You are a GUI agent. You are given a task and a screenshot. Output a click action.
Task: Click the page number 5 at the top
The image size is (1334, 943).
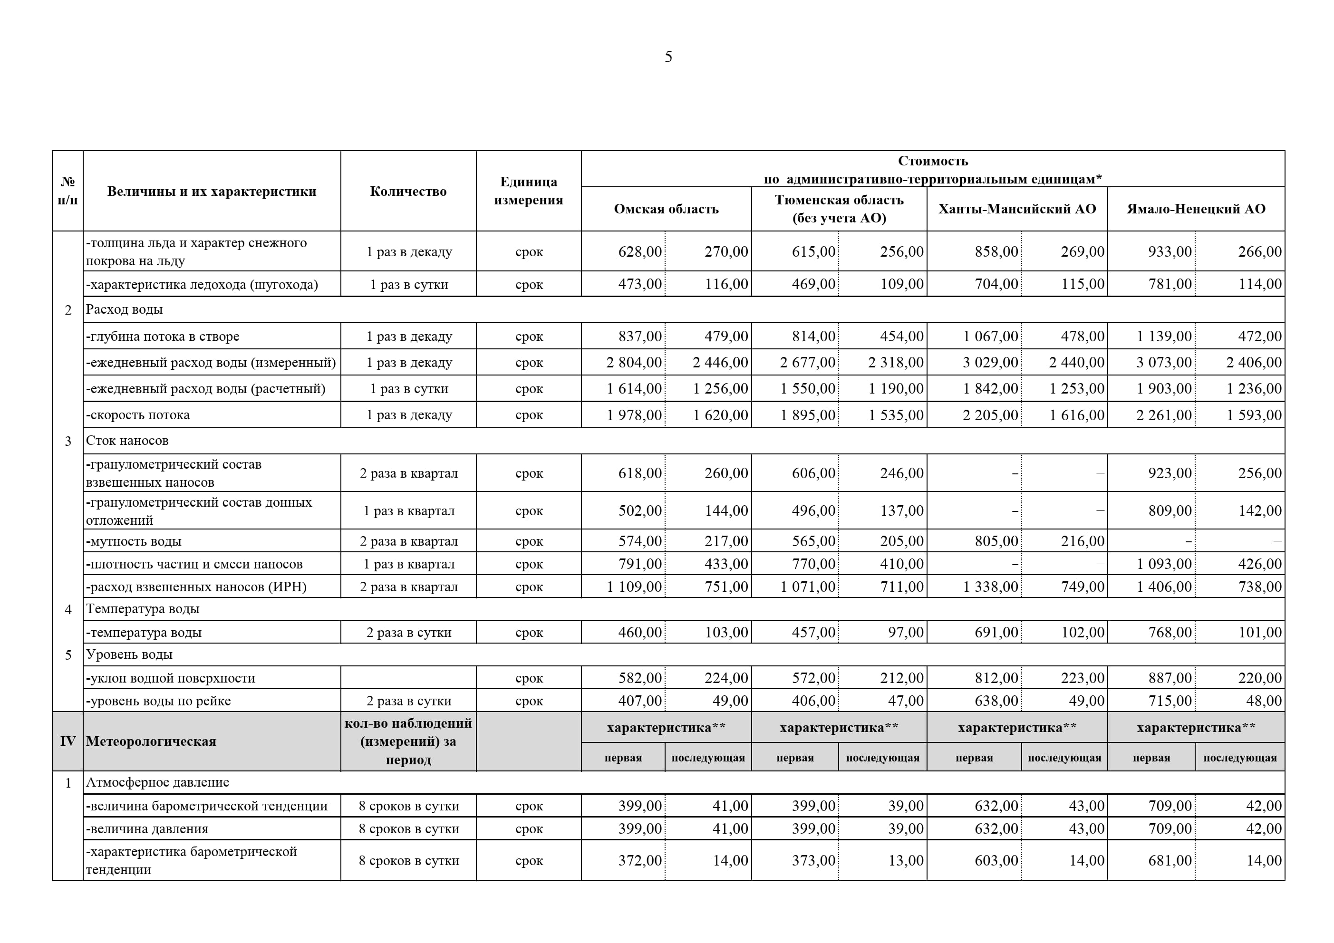click(x=668, y=57)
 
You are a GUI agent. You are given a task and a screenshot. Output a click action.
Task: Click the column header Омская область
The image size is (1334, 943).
click(x=666, y=209)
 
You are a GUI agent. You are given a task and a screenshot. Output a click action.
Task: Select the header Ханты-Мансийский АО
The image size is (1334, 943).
click(x=1017, y=209)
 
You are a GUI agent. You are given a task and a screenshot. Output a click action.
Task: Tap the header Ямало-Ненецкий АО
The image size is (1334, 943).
click(x=1196, y=209)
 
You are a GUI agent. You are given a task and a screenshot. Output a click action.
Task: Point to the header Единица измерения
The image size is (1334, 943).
click(x=528, y=191)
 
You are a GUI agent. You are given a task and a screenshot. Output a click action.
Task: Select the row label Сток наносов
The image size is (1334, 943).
click(x=127, y=441)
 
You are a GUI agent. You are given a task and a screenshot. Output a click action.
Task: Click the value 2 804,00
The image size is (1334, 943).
click(x=633, y=363)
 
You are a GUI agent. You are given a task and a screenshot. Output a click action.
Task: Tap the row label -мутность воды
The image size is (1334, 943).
click(x=134, y=541)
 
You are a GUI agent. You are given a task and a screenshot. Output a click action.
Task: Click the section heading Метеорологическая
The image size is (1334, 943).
click(x=151, y=741)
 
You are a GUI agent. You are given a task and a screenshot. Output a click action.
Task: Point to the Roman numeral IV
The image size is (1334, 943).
click(x=68, y=741)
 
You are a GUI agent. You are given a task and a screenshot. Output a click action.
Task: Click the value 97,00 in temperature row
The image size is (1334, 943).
click(x=905, y=632)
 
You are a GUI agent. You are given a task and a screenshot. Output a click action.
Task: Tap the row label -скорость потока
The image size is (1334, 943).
click(x=138, y=415)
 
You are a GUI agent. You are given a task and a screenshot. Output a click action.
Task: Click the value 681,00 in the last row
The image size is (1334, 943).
click(x=1170, y=860)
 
